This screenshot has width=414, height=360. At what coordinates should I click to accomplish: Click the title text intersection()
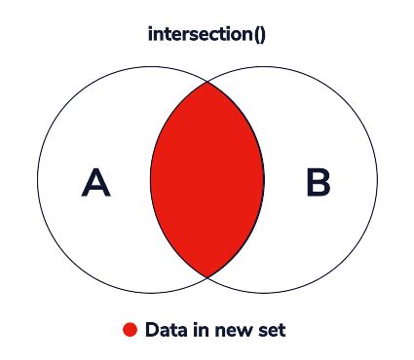click(x=207, y=34)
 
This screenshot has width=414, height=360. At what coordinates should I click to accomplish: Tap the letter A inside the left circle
click(x=95, y=182)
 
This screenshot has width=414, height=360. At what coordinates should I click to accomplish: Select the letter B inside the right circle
click(x=319, y=182)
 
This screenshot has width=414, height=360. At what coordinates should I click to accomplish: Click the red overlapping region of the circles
click(x=207, y=180)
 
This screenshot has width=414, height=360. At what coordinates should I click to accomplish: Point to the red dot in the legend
click(x=130, y=331)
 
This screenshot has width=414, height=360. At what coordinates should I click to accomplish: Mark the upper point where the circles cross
click(x=207, y=82)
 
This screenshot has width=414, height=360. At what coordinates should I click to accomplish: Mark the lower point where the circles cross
click(x=207, y=277)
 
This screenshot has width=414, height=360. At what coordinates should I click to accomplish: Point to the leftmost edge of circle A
click(x=37, y=180)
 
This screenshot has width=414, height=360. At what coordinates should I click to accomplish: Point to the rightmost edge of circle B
click(x=377, y=180)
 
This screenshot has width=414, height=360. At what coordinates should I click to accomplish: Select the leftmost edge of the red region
click(x=150, y=180)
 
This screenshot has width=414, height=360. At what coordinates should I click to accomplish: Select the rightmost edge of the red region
click(x=264, y=180)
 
